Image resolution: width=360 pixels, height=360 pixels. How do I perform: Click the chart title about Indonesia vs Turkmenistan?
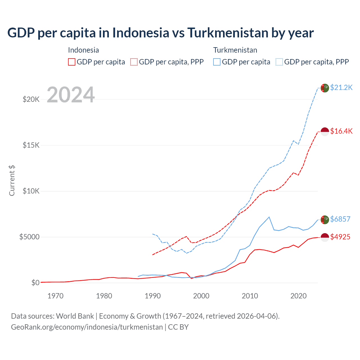click(160, 33)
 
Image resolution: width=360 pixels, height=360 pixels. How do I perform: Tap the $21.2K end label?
click(341, 87)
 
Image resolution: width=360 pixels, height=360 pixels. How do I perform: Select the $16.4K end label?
click(341, 131)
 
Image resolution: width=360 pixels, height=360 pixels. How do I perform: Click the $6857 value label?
click(340, 219)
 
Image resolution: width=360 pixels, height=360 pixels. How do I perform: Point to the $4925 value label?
click(340, 237)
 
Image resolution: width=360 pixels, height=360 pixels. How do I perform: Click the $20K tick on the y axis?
click(31, 99)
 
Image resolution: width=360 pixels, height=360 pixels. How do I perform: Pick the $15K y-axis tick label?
click(31, 145)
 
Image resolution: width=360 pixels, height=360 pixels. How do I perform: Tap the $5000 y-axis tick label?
click(29, 237)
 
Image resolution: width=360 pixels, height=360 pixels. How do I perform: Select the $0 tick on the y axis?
click(35, 283)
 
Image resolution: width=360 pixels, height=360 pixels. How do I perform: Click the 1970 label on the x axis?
click(55, 296)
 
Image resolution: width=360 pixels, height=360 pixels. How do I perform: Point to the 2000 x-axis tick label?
click(201, 296)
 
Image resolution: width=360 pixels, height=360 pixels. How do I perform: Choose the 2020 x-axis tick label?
click(298, 296)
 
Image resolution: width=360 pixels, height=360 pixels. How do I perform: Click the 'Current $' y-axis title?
click(12, 181)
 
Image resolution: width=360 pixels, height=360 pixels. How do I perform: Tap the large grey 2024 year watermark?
click(71, 95)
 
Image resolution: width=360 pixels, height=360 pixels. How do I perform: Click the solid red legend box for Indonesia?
click(72, 62)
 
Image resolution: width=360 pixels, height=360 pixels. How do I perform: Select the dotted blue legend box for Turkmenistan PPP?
click(279, 62)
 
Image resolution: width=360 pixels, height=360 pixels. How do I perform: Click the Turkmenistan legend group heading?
click(235, 50)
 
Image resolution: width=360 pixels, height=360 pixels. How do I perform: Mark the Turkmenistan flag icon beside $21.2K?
click(325, 88)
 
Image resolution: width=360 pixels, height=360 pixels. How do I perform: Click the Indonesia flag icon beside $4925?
click(325, 237)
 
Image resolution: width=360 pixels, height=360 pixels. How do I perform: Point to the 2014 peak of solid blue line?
click(269, 217)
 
